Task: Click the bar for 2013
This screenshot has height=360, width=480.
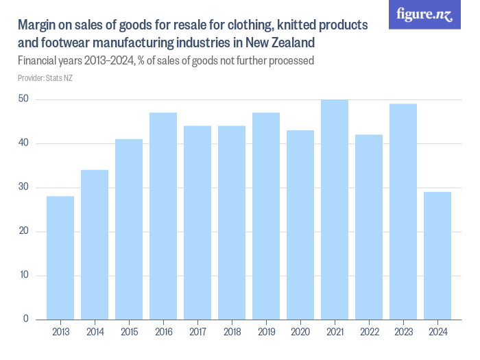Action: point(60,258)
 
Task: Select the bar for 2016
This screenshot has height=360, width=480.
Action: point(163,216)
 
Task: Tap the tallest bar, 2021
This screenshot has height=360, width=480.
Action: point(335,209)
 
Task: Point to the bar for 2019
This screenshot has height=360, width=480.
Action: point(266,216)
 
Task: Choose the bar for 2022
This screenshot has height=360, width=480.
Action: point(369,227)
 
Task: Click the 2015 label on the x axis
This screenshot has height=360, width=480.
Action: point(129,332)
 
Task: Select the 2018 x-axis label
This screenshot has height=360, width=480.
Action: point(232,332)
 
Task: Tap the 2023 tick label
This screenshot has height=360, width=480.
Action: point(403,332)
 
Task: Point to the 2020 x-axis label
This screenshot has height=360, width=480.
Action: point(300,332)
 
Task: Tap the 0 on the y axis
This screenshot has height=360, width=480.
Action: point(26,319)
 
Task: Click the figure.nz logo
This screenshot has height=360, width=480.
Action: point(424,14)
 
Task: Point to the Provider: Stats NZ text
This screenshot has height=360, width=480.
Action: point(45,78)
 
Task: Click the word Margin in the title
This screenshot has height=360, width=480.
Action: point(36,26)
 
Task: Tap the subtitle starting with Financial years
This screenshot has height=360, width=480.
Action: point(165,61)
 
